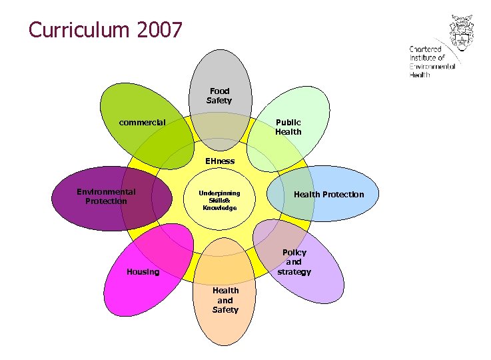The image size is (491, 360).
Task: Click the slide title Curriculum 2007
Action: pyautogui.click(x=105, y=30)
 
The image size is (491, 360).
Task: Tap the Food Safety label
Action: pyautogui.click(x=219, y=96)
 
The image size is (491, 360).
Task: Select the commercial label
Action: pyautogui.click(x=142, y=123)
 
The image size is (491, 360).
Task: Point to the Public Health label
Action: pyautogui.click(x=288, y=127)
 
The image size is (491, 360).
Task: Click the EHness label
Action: pyautogui.click(x=220, y=161)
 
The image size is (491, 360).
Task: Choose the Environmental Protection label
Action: pyautogui.click(x=106, y=197)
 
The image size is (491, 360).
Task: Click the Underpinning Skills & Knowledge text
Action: pyautogui.click(x=219, y=200)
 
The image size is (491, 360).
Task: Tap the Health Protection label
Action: pyautogui.click(x=329, y=195)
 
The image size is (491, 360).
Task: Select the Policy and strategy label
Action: pyautogui.click(x=294, y=262)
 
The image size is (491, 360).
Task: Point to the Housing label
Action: pyautogui.click(x=143, y=272)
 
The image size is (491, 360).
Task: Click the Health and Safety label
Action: pyautogui.click(x=225, y=300)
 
